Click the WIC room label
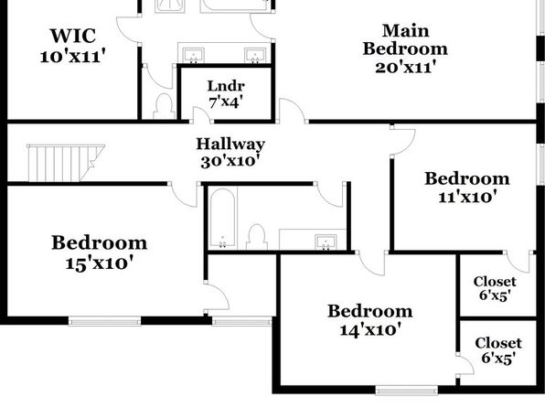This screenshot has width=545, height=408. [x=73, y=36]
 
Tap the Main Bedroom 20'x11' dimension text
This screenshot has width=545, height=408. [x=405, y=67]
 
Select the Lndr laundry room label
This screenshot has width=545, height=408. [x=226, y=86]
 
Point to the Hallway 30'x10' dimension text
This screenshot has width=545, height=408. [x=230, y=161]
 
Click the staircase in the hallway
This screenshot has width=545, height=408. [x=66, y=163]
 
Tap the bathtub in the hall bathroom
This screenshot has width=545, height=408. [x=222, y=219]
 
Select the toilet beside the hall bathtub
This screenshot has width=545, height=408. [x=257, y=237]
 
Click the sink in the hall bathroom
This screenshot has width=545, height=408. [x=326, y=242]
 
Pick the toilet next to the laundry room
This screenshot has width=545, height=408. [x=165, y=106]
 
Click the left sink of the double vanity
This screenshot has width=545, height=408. [x=194, y=56]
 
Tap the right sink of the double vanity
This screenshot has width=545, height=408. [x=255, y=56]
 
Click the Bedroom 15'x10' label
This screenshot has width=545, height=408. [x=100, y=253]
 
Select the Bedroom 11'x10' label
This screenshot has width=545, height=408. [x=467, y=188]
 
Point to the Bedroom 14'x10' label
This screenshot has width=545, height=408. [x=370, y=320]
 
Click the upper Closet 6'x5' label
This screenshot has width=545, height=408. [x=495, y=288]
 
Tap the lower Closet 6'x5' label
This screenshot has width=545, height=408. [x=498, y=350]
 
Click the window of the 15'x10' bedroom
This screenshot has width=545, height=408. [x=104, y=321]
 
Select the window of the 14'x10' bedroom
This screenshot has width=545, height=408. [x=406, y=390]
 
